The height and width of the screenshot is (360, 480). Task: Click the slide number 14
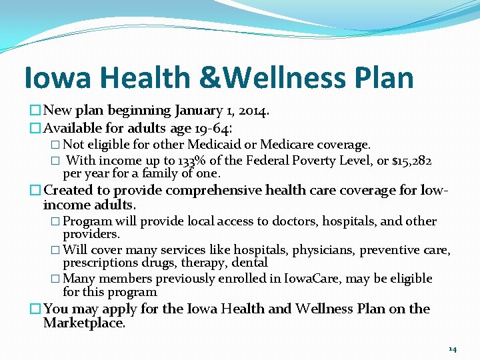453,349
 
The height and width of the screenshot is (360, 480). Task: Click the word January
198,110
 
